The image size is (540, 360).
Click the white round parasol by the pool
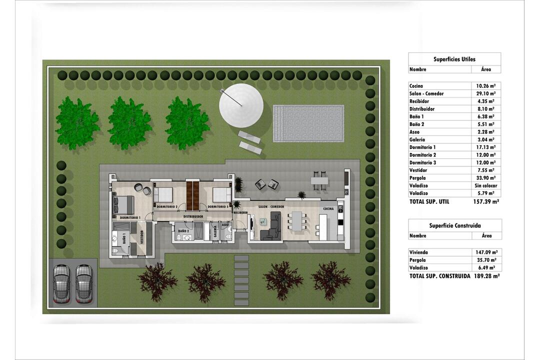(241, 105)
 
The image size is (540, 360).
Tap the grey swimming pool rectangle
(308, 123)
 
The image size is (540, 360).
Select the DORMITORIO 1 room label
(130, 217)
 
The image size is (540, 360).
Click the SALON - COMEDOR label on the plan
(271, 206)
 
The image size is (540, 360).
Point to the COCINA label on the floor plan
(328, 209)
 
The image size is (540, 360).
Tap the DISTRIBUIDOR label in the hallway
(193, 216)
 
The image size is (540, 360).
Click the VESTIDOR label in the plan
(141, 237)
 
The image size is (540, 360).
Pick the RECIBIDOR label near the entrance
(240, 212)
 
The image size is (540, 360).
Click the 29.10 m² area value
(485, 93)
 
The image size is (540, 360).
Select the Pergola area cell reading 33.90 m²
(485, 178)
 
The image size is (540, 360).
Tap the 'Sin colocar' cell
(485, 185)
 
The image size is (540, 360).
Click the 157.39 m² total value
(486, 202)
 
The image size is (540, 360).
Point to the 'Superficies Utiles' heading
(454, 59)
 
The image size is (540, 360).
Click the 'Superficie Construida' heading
(454, 225)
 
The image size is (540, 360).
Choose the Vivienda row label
(419, 252)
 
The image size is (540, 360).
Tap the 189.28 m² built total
(486, 276)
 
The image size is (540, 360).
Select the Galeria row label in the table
(417, 140)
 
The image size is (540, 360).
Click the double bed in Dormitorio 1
(123, 204)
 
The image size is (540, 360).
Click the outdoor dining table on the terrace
(319, 180)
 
